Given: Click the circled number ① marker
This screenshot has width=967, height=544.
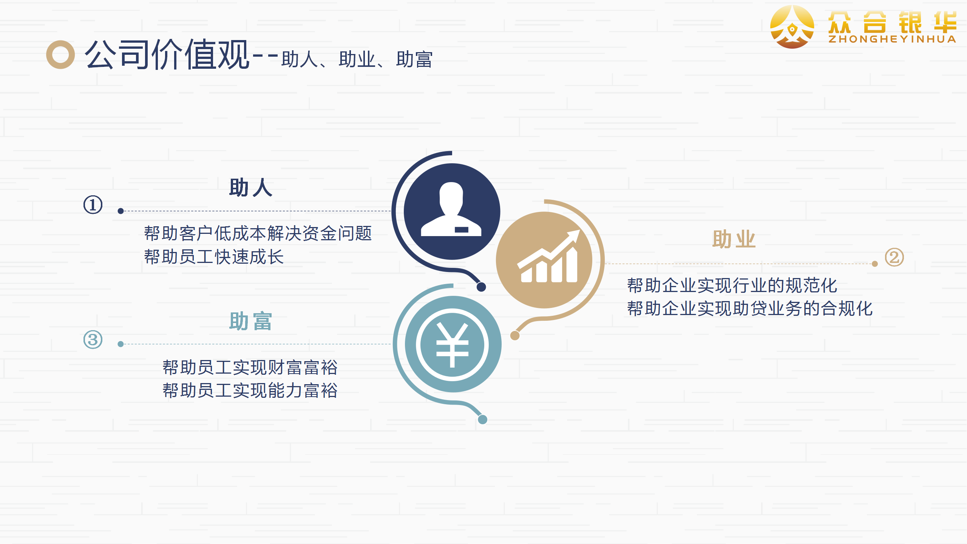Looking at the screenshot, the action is pyautogui.click(x=93, y=205).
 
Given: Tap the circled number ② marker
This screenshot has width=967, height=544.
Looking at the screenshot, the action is pyautogui.click(x=894, y=258).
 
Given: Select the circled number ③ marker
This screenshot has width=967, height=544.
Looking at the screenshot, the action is pyautogui.click(x=93, y=339).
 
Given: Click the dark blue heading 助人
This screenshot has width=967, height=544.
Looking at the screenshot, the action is pyautogui.click(x=250, y=187).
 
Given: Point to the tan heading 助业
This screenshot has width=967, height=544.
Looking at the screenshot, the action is pyautogui.click(x=734, y=239).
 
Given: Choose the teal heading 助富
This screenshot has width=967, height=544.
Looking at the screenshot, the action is pyautogui.click(x=250, y=321).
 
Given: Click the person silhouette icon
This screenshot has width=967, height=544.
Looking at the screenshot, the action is pyautogui.click(x=451, y=209).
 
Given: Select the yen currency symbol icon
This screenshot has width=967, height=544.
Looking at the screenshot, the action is pyautogui.click(x=452, y=345).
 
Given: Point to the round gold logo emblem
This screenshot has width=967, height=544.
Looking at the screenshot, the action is pyautogui.click(x=792, y=27).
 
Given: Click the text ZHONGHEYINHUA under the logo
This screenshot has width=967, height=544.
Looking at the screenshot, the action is pyautogui.click(x=892, y=39).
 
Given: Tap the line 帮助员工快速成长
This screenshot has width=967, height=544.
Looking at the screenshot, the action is pyautogui.click(x=214, y=257).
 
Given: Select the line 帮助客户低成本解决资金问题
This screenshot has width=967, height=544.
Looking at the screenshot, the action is pyautogui.click(x=258, y=233).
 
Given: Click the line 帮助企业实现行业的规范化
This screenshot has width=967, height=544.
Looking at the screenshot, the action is pyautogui.click(x=732, y=285).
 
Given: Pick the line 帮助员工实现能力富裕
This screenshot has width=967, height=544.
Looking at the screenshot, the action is pyautogui.click(x=250, y=390).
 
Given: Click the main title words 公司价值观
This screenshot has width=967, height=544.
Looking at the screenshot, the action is pyautogui.click(x=167, y=54).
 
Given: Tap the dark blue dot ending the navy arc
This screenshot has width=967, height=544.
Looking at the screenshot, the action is pyautogui.click(x=481, y=287).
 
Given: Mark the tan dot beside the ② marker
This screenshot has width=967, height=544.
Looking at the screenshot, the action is pyautogui.click(x=875, y=264).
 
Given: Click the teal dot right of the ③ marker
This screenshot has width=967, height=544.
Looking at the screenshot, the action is pyautogui.click(x=120, y=344).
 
